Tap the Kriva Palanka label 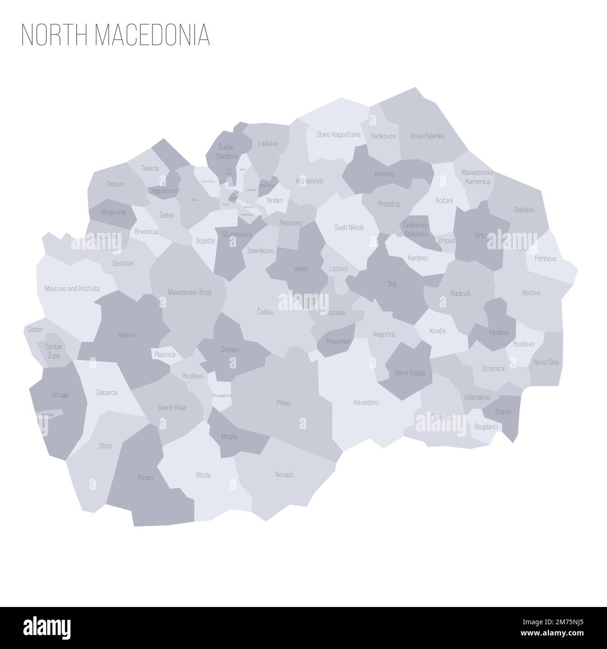pos(427,136)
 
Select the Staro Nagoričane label pos(339,135)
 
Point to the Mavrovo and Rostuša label pos(72,289)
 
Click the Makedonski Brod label pos(189,292)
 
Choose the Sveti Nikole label pos(349,227)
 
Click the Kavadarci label pos(366,402)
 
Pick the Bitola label pos(203,475)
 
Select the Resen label pos(145,478)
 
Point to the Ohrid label pos(105,446)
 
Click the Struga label pos(60,395)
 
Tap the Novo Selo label pos(546,362)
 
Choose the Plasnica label pos(165,354)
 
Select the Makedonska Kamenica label pos(477,177)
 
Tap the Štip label pos(392,283)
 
